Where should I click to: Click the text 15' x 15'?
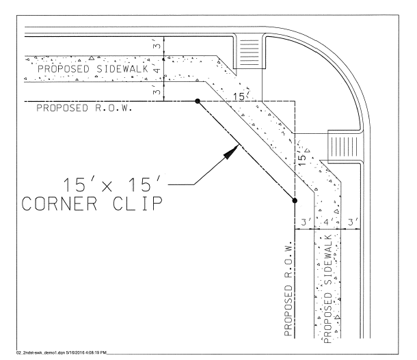click(113, 186)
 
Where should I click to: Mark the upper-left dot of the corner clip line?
click(198, 100)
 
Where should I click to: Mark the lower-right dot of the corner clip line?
click(294, 200)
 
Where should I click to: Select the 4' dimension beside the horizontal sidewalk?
click(157, 70)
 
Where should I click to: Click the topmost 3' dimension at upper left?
click(157, 46)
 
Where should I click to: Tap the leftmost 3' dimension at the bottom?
click(303, 221)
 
